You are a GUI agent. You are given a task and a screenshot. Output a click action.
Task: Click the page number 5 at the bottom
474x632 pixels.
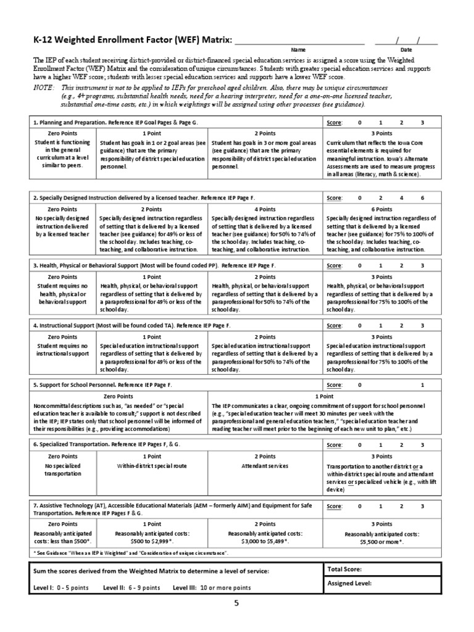235,604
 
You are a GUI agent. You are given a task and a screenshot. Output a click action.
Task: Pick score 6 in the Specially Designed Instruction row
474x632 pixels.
422,198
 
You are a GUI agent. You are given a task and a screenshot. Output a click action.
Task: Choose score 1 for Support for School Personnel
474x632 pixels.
423,385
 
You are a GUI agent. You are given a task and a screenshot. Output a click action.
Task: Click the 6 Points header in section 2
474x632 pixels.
382,209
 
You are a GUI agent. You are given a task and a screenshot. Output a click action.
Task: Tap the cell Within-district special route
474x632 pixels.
152,465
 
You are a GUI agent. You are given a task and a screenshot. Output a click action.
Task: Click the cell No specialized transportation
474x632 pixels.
63,469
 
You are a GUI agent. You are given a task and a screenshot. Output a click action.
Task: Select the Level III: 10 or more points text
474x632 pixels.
212,588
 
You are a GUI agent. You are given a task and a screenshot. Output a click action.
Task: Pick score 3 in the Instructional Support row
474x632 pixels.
422,325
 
